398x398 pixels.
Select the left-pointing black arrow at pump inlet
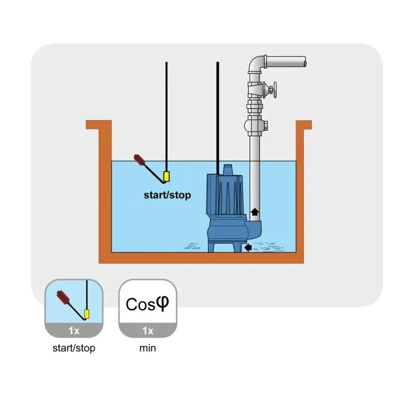(x=246, y=247)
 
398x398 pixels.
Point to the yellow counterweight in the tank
(x=167, y=176)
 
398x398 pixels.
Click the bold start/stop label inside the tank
(x=167, y=195)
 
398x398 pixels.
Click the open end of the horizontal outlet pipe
(x=305, y=62)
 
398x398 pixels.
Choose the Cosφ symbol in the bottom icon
(x=147, y=303)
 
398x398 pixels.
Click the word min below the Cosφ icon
(x=147, y=348)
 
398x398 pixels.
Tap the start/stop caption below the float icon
(x=74, y=348)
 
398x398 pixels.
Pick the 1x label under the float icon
(x=74, y=330)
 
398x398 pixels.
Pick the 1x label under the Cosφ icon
(x=147, y=330)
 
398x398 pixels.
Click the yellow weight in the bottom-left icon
(x=87, y=314)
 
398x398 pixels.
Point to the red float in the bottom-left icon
(x=64, y=298)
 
